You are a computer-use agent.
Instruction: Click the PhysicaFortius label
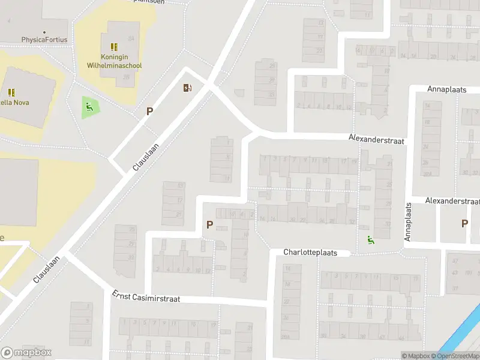44,40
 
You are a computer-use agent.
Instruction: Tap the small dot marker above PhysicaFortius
44,32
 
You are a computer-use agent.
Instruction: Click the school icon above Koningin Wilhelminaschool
114,46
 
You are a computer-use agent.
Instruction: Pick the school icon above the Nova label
11,92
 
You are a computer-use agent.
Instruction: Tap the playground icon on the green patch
89,107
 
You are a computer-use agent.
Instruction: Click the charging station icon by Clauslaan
188,88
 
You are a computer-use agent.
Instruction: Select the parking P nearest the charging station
149,111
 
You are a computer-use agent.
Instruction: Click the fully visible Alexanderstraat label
377,138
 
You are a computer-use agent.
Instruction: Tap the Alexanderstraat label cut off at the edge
453,200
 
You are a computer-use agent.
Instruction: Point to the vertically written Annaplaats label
408,222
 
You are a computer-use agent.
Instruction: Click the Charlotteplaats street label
310,253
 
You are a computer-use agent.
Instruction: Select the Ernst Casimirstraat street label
146,296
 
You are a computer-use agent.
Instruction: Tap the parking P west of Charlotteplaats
209,225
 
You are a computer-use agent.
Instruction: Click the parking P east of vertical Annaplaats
464,223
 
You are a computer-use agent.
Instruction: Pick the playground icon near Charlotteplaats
370,241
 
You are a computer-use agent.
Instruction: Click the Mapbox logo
26,353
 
